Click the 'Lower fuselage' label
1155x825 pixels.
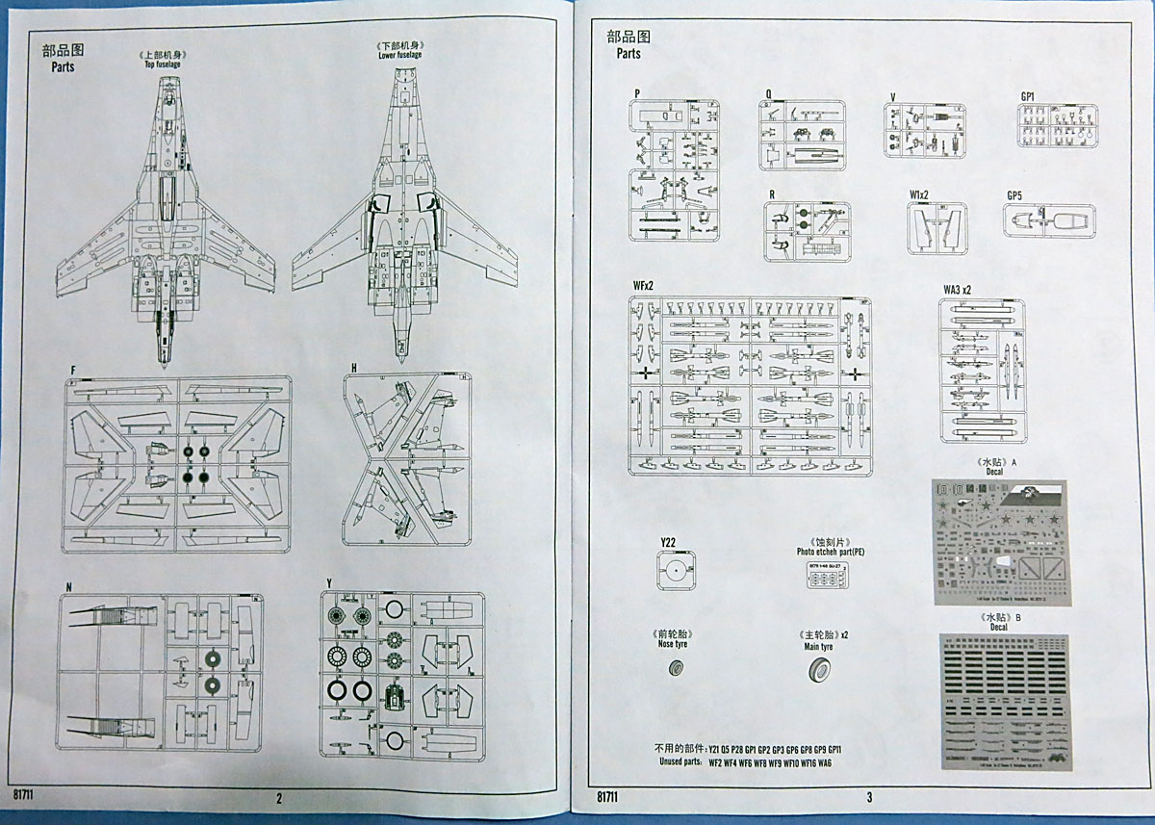tap(399, 56)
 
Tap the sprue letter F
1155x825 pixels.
tap(72, 370)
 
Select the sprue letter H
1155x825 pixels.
tap(354, 369)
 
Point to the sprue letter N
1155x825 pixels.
tap(68, 585)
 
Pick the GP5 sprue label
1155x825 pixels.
tap(1014, 195)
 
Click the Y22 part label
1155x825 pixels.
tap(670, 543)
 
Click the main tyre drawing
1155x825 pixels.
tap(821, 670)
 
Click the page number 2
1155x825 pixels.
tap(279, 797)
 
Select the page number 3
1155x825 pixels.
tap(868, 797)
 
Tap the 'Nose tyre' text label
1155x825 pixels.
tap(674, 647)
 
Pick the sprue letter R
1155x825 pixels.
tap(772, 193)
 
